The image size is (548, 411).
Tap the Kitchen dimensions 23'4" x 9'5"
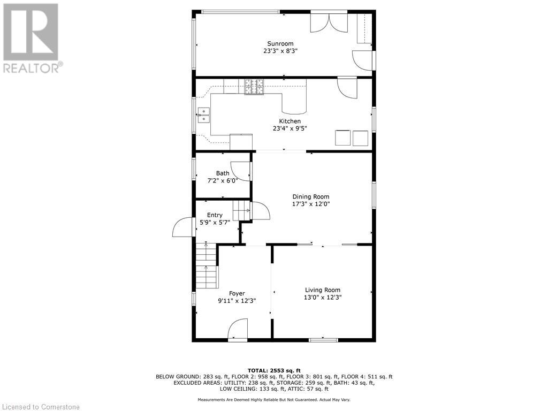point(290,128)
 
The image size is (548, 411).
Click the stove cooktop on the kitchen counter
point(255,87)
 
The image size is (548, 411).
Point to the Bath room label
point(223,173)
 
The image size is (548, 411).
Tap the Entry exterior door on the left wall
point(183,228)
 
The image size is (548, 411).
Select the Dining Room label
point(310,196)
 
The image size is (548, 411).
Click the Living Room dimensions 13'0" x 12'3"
point(322,297)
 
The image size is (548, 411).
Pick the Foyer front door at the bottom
point(238,330)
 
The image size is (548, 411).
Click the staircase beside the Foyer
point(207,265)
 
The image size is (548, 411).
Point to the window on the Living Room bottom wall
point(324,339)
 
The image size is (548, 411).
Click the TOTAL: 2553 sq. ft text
point(273,370)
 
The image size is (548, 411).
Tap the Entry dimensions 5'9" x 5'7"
point(215,222)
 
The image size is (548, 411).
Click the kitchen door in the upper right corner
point(347,87)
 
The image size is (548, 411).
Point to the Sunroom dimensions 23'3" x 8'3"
point(280,51)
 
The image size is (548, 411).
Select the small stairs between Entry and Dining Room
point(242,210)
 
